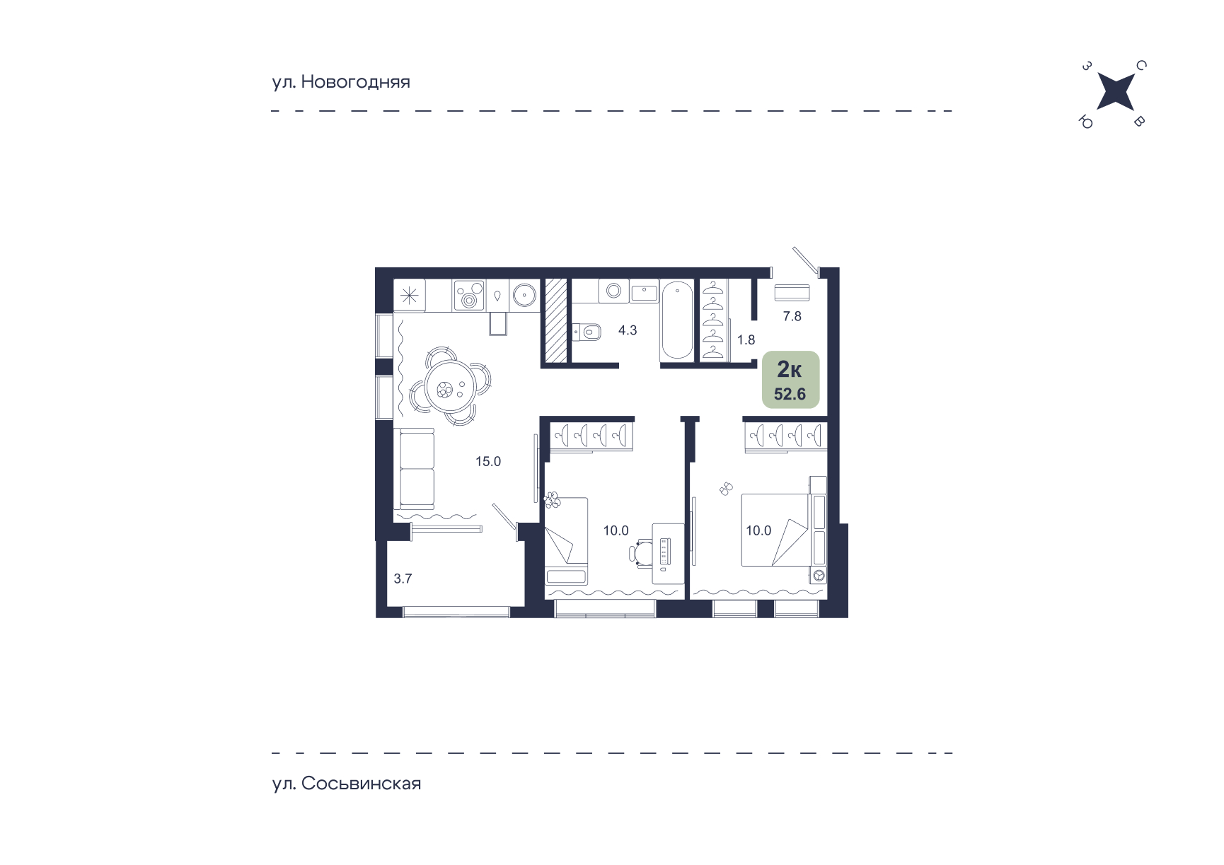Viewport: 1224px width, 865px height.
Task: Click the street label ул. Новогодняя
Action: click(x=341, y=82)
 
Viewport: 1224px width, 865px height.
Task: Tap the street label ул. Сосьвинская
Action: click(x=347, y=784)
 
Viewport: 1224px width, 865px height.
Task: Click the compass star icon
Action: click(x=1116, y=92)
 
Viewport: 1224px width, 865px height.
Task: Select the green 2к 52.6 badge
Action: click(x=790, y=380)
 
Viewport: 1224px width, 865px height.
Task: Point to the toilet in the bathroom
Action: click(x=586, y=331)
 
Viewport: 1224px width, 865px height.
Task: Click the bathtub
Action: click(x=677, y=320)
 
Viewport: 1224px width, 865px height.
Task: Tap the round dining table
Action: click(x=449, y=387)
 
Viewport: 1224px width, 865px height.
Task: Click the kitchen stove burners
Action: click(x=468, y=295)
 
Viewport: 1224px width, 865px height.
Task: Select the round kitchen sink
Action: click(x=524, y=295)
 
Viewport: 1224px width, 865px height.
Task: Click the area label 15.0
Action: click(x=488, y=462)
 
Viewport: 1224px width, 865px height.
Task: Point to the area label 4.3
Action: click(x=628, y=330)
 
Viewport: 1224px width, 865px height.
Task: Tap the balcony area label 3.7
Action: click(x=403, y=579)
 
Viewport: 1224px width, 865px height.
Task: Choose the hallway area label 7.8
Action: click(x=792, y=316)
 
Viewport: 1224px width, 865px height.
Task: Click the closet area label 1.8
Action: click(x=746, y=340)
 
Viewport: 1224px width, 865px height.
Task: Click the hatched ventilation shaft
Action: click(x=556, y=321)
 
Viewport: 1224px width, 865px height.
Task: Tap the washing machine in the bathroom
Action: click(x=613, y=291)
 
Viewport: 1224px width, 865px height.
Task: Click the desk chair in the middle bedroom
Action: click(x=642, y=553)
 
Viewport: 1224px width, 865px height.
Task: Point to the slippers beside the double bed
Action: click(x=726, y=488)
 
